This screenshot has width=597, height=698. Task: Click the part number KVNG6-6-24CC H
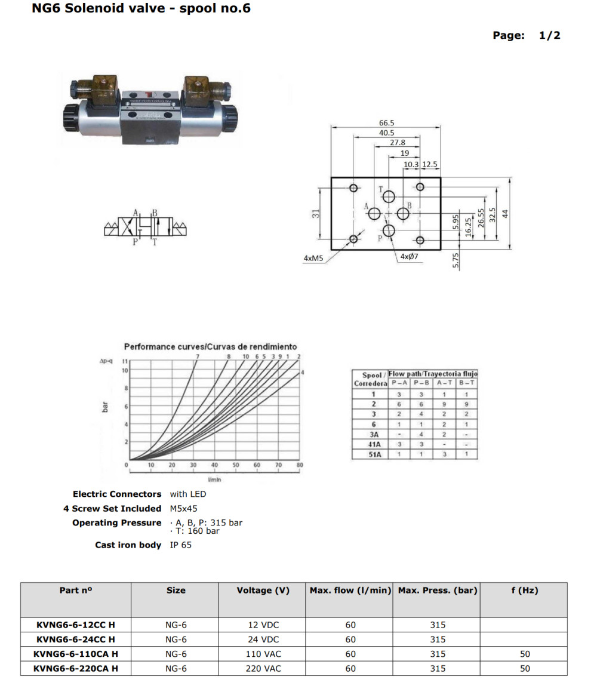point(75,639)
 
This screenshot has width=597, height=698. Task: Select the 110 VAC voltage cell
point(263,654)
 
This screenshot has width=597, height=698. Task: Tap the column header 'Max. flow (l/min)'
point(350,591)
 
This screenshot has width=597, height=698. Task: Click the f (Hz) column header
point(524,591)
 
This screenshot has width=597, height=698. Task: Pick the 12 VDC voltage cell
point(263,625)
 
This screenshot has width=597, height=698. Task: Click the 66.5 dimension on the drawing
point(387,123)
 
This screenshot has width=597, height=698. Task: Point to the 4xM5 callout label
point(313,259)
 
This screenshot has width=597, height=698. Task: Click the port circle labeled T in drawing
point(389,196)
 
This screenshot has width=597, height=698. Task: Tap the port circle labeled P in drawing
point(389,230)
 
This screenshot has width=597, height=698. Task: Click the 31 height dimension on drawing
point(317,213)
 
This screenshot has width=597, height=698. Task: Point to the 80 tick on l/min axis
point(300,465)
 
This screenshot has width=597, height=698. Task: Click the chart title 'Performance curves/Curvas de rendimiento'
point(210,346)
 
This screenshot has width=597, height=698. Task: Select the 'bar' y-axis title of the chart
point(106,408)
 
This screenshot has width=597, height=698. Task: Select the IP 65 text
point(181,545)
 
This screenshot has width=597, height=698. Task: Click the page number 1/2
point(549,35)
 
